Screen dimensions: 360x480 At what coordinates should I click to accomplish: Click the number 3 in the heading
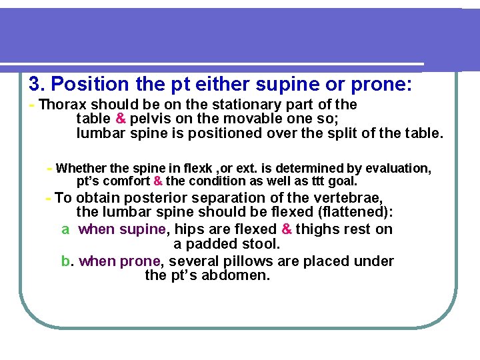pos(35,85)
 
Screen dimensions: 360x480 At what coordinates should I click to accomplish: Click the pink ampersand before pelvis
pos(121,119)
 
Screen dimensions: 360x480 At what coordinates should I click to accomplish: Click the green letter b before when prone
pos(65,261)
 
